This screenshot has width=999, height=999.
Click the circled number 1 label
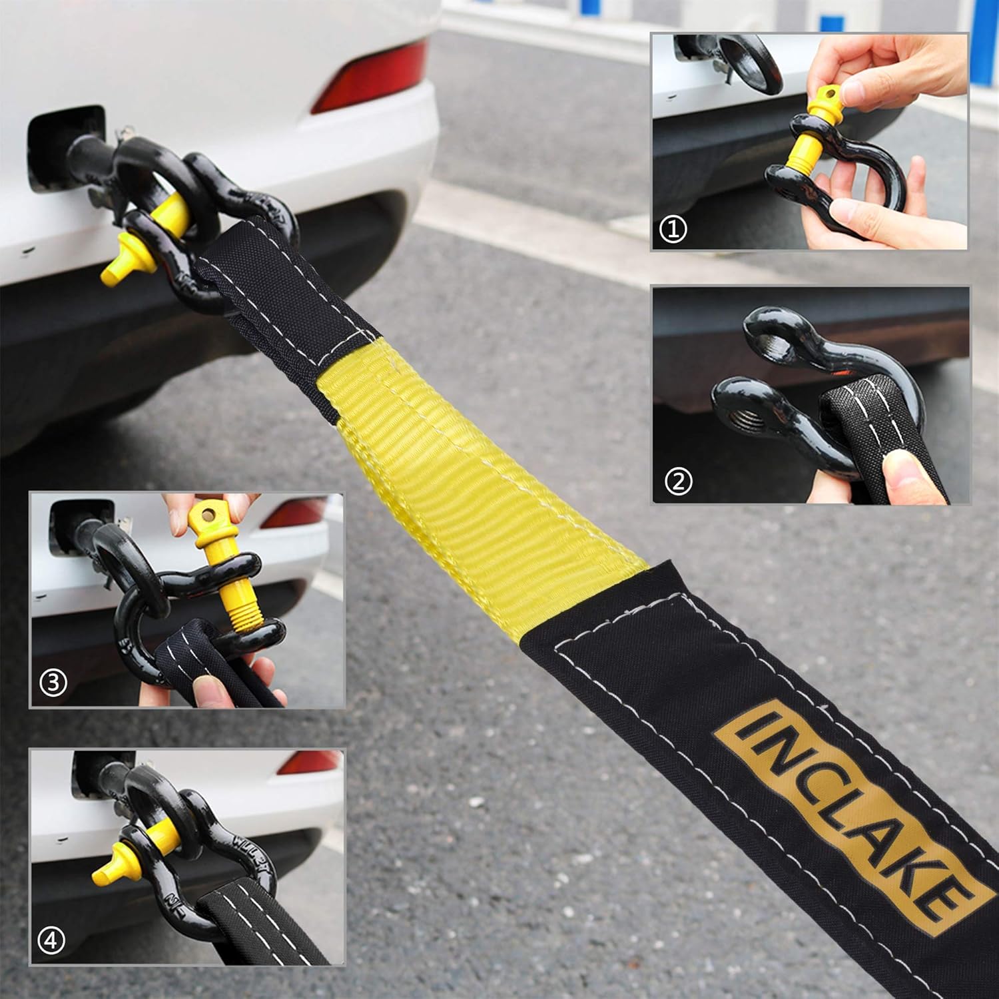(673, 230)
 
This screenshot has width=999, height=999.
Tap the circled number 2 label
(678, 481)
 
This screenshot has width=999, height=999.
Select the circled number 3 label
(54, 683)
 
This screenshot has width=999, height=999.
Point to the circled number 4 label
(53, 940)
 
